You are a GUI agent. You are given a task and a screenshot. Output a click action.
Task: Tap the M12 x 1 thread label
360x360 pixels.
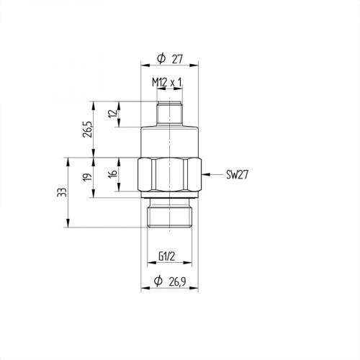click(167, 84)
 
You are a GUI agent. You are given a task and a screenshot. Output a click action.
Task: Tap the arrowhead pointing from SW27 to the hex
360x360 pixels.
click(204, 174)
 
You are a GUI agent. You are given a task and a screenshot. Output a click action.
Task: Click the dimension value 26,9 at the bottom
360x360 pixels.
click(176, 282)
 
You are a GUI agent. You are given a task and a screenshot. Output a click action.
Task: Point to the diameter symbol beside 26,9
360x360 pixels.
click(158, 282)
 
